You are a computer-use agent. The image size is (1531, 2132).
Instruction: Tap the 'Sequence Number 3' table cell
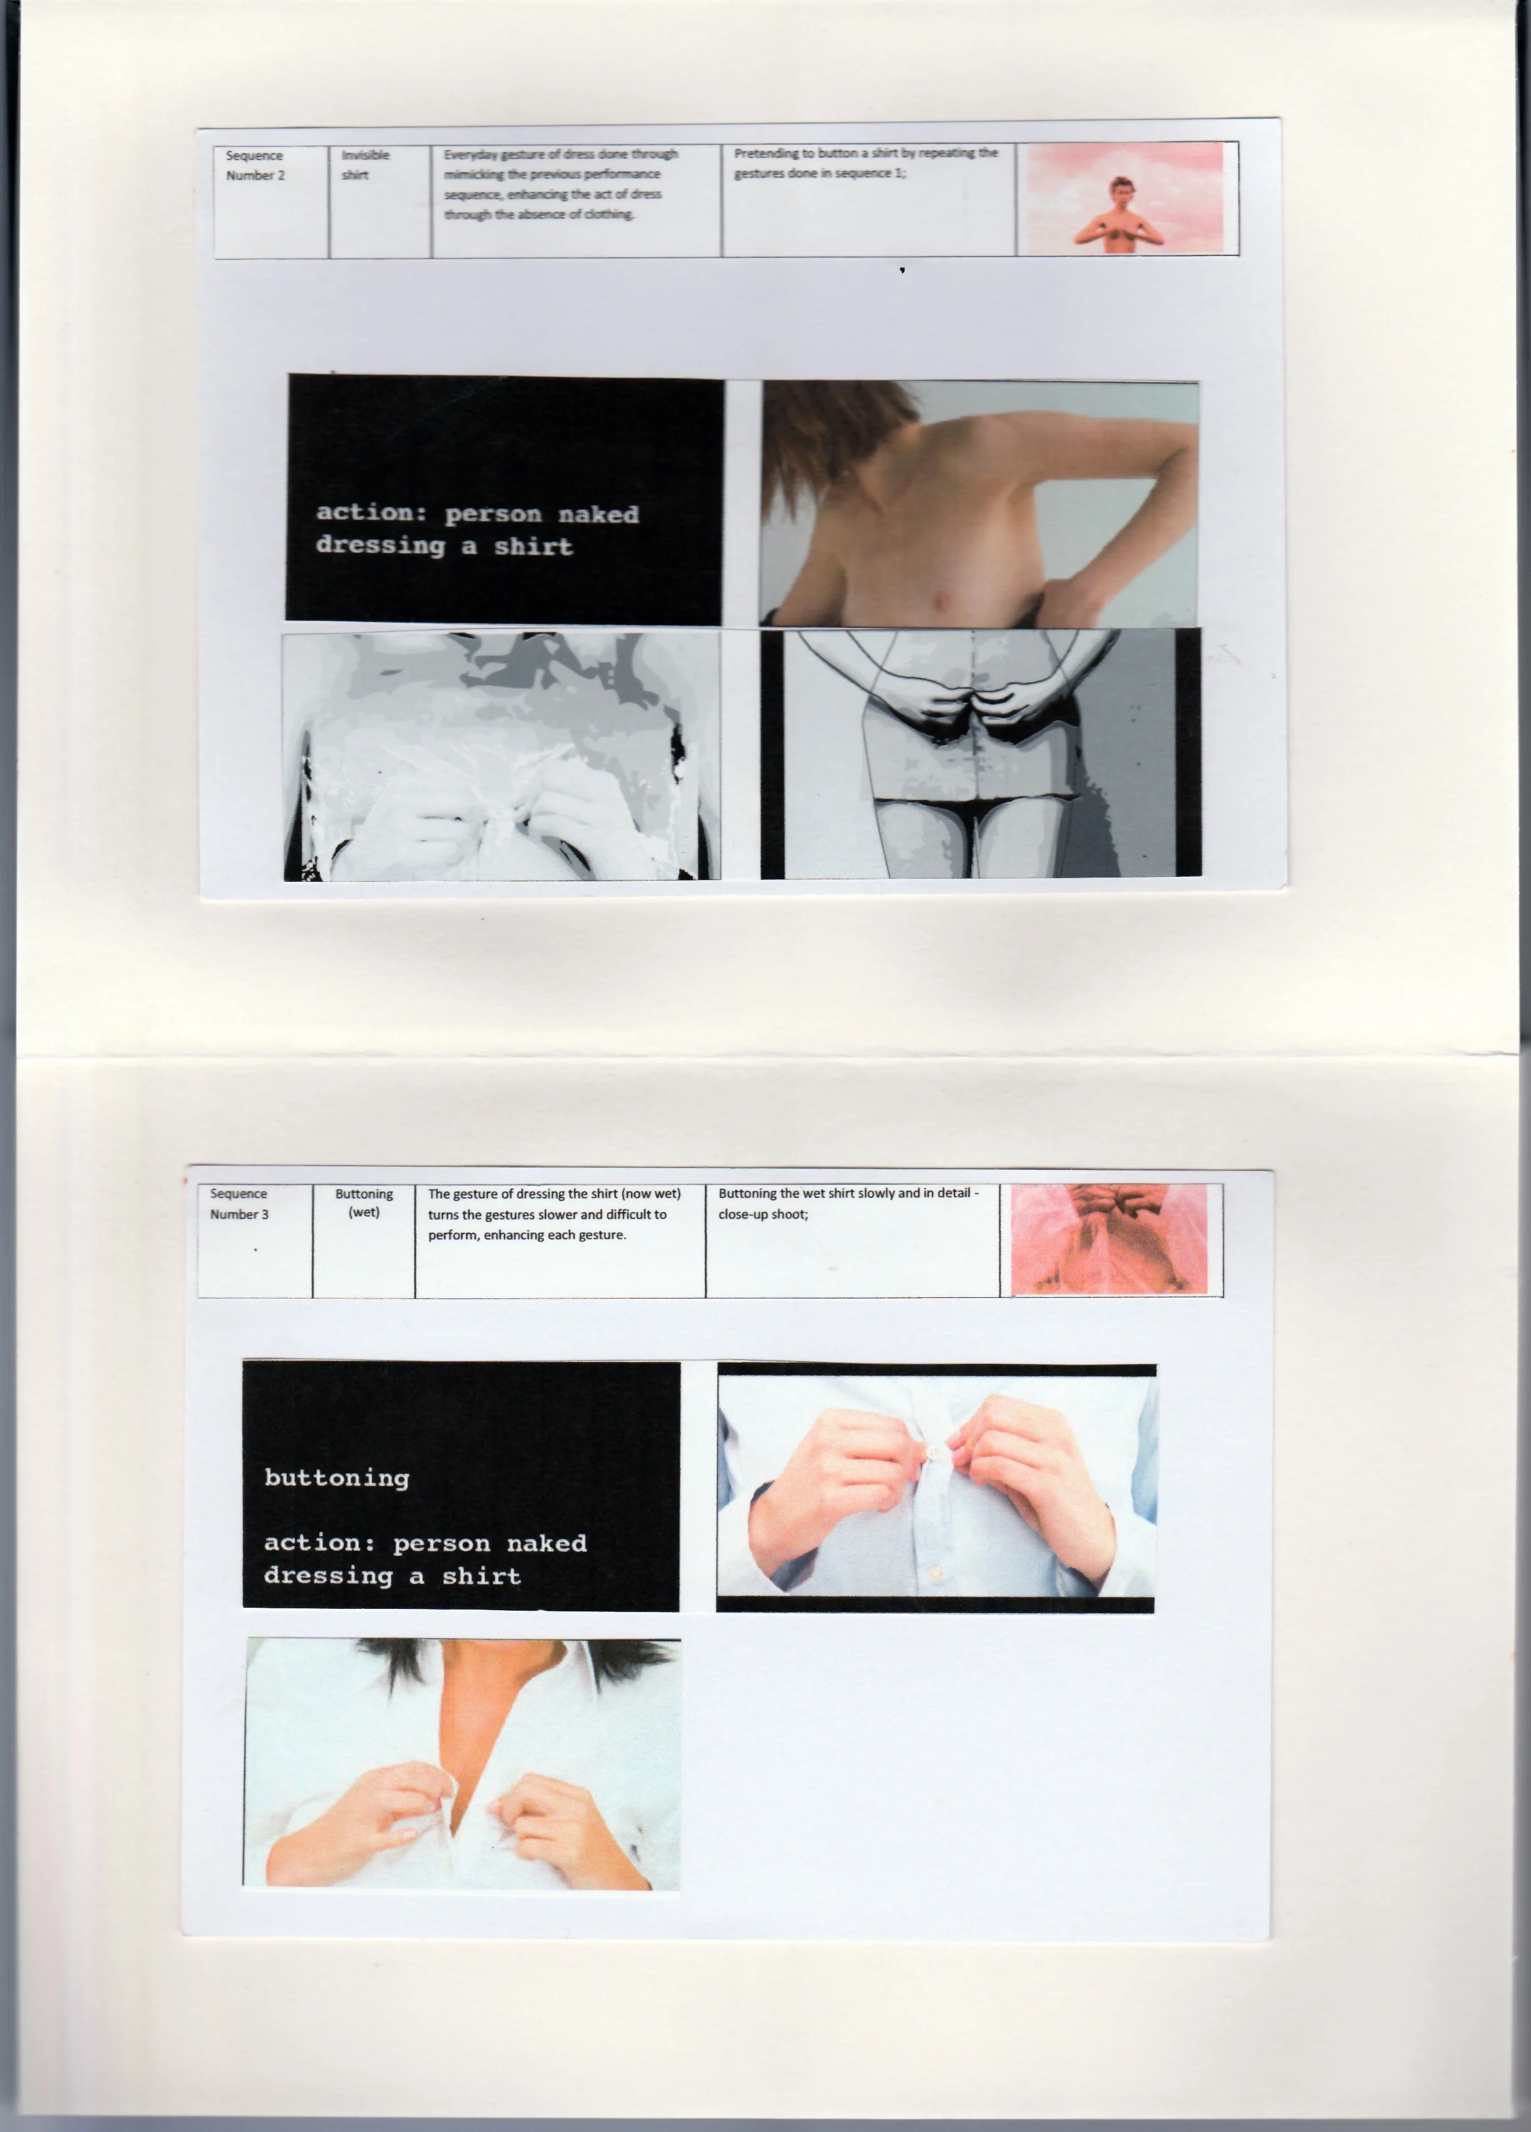pyautogui.click(x=255, y=1241)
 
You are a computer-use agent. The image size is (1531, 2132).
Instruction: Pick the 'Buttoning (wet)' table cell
pyautogui.click(x=364, y=1241)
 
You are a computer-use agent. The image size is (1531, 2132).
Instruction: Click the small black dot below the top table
pyautogui.click(x=903, y=271)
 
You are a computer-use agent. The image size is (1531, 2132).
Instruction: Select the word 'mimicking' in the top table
pyautogui.click(x=474, y=174)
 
